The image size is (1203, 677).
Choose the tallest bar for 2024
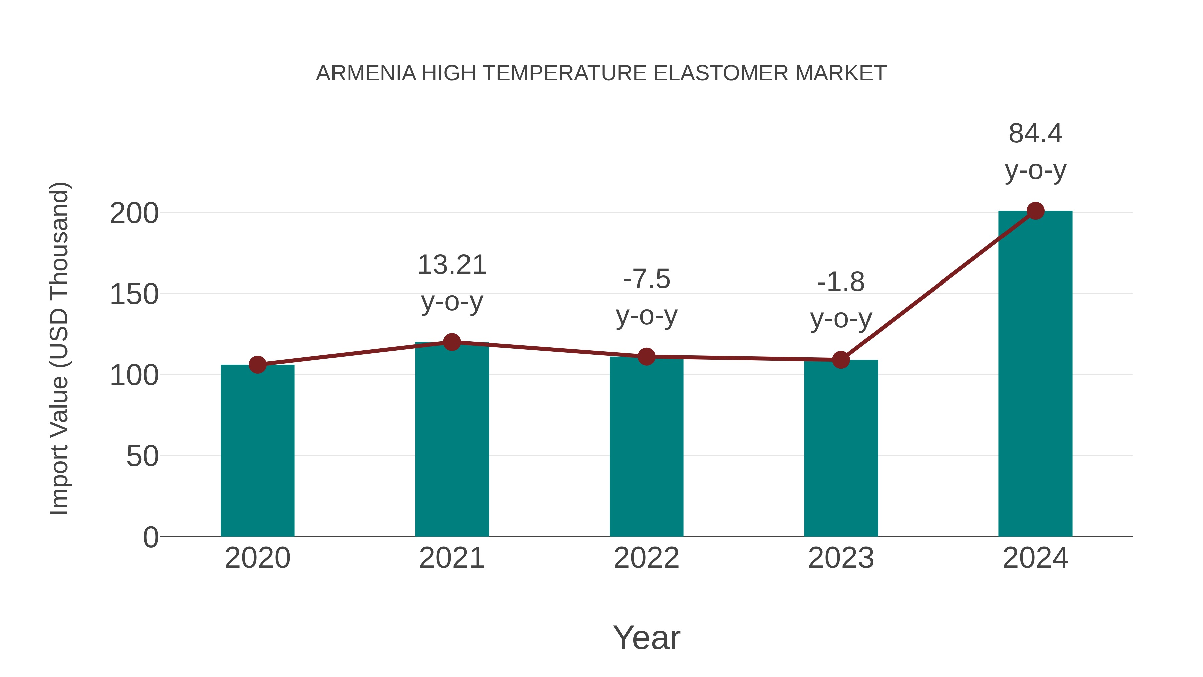pos(1035,374)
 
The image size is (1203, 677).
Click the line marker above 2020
pos(257,365)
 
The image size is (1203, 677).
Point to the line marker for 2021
pos(451,342)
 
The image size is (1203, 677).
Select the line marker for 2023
pos(841,360)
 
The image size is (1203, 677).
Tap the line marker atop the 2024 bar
pos(1035,211)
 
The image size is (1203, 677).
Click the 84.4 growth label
pos(1035,134)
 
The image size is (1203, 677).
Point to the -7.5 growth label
pos(646,279)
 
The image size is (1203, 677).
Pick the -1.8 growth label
pos(841,282)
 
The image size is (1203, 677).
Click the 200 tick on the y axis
pos(134,214)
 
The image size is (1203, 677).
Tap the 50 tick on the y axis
pos(142,456)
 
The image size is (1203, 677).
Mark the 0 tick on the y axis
pos(150,537)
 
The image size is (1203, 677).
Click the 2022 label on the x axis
pos(646,558)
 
